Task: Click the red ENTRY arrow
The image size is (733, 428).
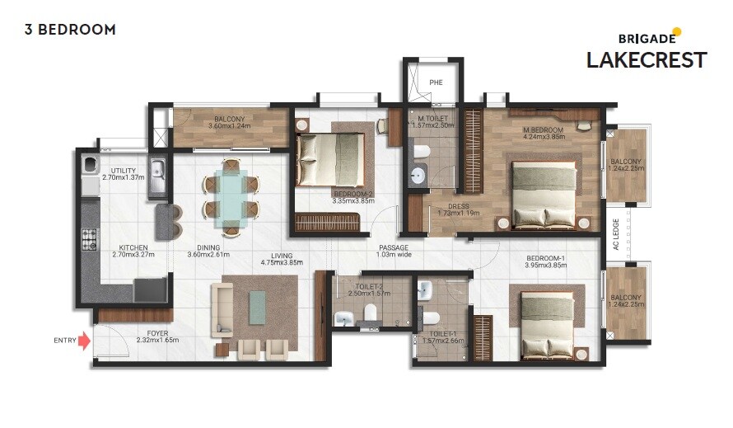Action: click(84, 341)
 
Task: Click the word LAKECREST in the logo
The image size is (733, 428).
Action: click(646, 60)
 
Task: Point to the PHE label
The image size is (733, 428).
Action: click(437, 82)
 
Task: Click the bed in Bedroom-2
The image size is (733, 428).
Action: click(331, 154)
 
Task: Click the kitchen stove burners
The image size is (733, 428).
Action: click(88, 240)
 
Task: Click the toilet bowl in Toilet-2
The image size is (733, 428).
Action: click(370, 313)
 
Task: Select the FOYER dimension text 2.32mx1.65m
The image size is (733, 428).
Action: click(157, 340)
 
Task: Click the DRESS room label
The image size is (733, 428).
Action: click(459, 207)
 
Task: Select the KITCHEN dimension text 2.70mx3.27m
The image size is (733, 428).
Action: click(133, 254)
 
